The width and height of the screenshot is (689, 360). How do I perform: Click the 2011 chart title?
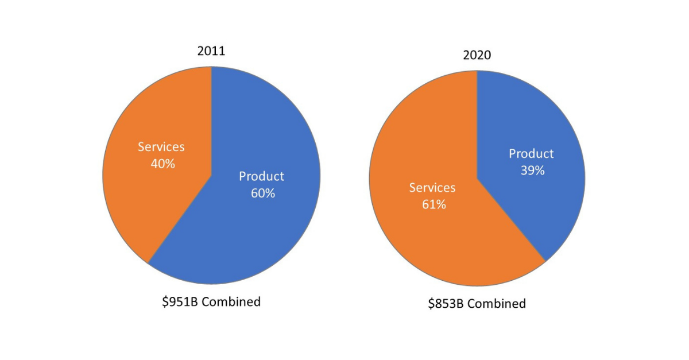(x=211, y=51)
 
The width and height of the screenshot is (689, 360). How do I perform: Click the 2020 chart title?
(x=477, y=55)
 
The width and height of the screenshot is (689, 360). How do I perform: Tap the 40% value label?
(x=162, y=164)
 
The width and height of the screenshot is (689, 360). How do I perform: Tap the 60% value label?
(x=262, y=193)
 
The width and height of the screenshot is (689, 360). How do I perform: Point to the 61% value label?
(x=433, y=204)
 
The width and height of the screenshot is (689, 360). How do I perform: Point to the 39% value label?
(x=532, y=171)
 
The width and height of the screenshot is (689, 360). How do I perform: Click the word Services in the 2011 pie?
(x=161, y=147)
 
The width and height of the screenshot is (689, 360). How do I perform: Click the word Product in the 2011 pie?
(x=262, y=176)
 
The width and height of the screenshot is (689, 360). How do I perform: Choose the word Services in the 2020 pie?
(x=432, y=188)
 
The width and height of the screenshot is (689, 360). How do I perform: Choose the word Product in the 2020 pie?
(x=531, y=154)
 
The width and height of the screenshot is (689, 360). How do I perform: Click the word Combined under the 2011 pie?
(x=231, y=301)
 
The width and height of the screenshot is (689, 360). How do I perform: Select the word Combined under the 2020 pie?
(x=496, y=304)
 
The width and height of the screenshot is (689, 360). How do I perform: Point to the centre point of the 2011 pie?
(x=211, y=175)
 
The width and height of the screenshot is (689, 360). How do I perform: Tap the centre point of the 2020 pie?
(x=477, y=178)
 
